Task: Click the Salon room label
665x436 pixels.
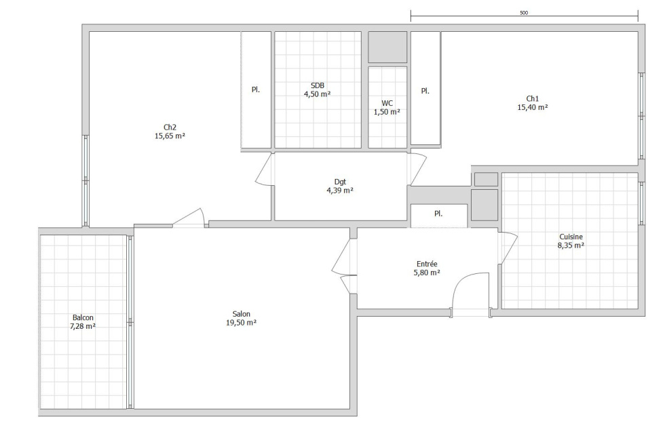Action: point(242,314)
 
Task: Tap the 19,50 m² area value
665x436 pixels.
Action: point(242,323)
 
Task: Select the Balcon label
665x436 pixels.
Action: point(83,317)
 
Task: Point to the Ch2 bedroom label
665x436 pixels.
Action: point(170,127)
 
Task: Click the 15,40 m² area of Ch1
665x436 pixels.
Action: point(532,107)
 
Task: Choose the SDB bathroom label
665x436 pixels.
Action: point(318,85)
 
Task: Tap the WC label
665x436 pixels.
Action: point(387,103)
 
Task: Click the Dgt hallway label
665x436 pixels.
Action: point(340,182)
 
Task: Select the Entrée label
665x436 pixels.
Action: point(427,264)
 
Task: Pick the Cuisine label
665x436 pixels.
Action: point(571,237)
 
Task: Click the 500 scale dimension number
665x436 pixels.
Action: point(524,13)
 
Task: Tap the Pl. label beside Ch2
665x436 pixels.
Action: point(256,90)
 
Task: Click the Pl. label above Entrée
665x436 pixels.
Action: point(438,214)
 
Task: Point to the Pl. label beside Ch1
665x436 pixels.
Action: point(425,91)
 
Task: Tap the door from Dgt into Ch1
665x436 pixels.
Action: point(419,169)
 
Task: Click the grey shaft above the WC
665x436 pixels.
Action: point(387,47)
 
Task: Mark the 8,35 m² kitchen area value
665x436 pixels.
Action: point(571,245)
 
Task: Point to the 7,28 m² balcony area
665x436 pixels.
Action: point(83,326)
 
